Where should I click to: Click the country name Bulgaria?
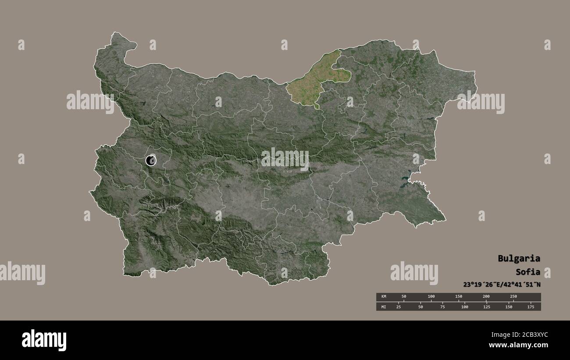coord(519,258)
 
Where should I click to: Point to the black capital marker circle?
coord(151,160)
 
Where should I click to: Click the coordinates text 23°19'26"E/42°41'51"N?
coord(502,284)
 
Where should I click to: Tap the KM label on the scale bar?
coord(383,297)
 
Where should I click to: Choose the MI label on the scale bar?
coord(383,307)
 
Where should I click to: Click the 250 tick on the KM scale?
coord(513,297)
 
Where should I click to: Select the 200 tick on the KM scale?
coord(486,297)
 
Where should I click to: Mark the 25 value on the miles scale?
coord(399,307)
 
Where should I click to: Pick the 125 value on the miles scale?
coord(486,307)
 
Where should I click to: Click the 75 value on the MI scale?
coord(442,307)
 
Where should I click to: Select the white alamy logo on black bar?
coord(44,340)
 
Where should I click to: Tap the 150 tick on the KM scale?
coord(459,297)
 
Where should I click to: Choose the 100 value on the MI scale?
coord(464,307)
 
